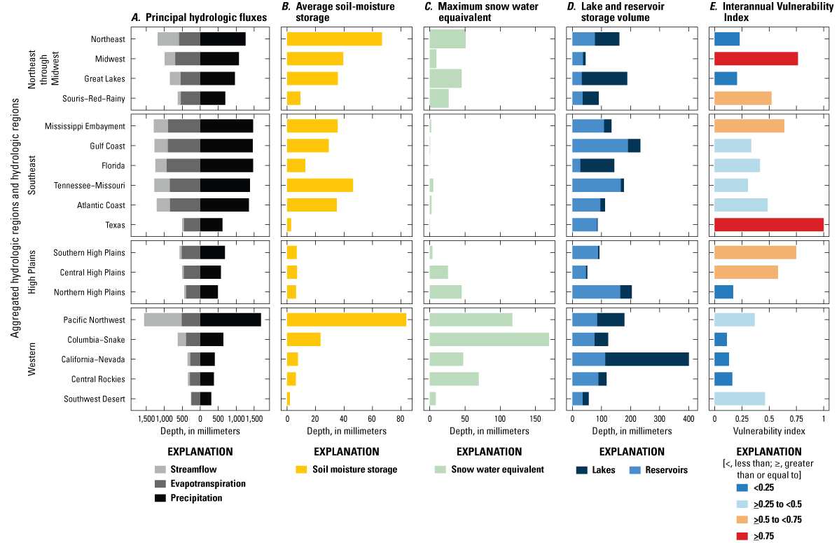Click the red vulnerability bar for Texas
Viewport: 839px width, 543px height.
tap(768, 225)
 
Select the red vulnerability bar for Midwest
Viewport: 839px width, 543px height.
tap(756, 59)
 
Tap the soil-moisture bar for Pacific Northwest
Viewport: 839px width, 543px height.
tap(346, 319)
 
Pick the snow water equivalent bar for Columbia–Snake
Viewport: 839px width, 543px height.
tap(489, 340)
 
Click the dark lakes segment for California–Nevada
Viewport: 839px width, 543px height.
tap(646, 359)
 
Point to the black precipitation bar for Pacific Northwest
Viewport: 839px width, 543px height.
tap(230, 319)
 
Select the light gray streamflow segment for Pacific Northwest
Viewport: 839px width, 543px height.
tap(162, 319)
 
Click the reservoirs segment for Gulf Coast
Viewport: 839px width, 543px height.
tap(599, 146)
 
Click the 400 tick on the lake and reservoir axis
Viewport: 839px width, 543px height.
tap(688, 419)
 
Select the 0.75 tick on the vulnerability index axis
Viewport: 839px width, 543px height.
tap(796, 419)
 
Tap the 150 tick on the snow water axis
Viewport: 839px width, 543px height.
tap(536, 419)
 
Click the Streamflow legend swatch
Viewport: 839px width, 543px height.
tap(160, 469)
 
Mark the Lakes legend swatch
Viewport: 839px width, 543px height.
tap(578, 470)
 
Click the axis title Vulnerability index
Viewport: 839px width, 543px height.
tap(768, 430)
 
